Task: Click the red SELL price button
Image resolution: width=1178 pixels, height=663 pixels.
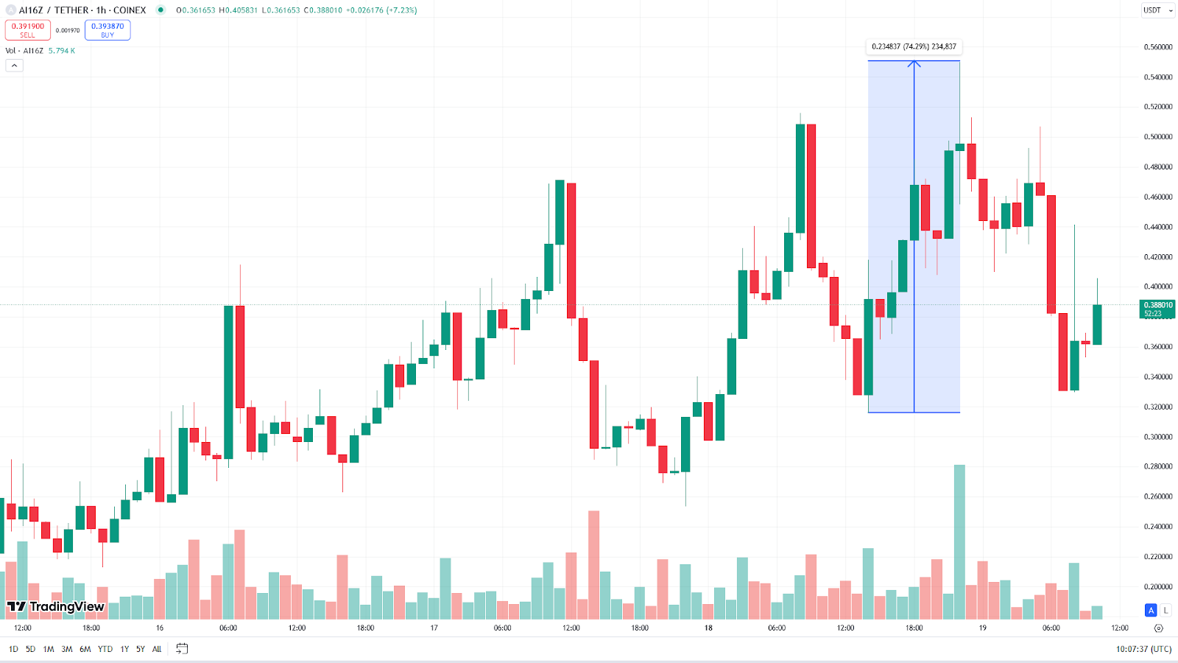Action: point(28,30)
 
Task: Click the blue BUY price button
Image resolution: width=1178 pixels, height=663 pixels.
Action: point(107,30)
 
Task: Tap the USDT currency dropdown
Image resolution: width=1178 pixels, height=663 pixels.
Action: point(1157,10)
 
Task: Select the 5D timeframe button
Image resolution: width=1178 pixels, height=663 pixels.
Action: point(30,649)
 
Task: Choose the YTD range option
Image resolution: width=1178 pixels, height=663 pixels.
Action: point(105,649)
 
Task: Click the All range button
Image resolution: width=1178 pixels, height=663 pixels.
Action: point(157,649)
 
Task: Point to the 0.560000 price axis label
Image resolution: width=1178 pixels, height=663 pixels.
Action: point(1157,47)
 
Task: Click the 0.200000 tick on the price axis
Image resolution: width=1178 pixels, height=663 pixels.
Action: point(1157,587)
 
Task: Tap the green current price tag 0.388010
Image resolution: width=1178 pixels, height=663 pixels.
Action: point(1157,309)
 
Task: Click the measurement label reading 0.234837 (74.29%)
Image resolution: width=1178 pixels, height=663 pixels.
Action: point(914,46)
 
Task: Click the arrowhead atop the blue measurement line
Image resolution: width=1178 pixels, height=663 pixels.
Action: point(914,64)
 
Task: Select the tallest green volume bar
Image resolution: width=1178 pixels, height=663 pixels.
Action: point(959,541)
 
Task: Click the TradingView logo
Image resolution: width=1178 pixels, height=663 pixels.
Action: point(56,607)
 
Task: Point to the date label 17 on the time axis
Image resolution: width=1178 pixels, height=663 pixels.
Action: point(434,628)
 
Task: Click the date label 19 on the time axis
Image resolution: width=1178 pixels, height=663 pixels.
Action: point(983,628)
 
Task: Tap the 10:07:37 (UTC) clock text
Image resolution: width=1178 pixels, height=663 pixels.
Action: point(1143,649)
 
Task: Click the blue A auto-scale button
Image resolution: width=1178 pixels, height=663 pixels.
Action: point(1151,610)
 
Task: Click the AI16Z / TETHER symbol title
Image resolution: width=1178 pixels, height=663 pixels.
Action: point(82,10)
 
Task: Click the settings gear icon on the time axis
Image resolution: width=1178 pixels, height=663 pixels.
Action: point(1158,628)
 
